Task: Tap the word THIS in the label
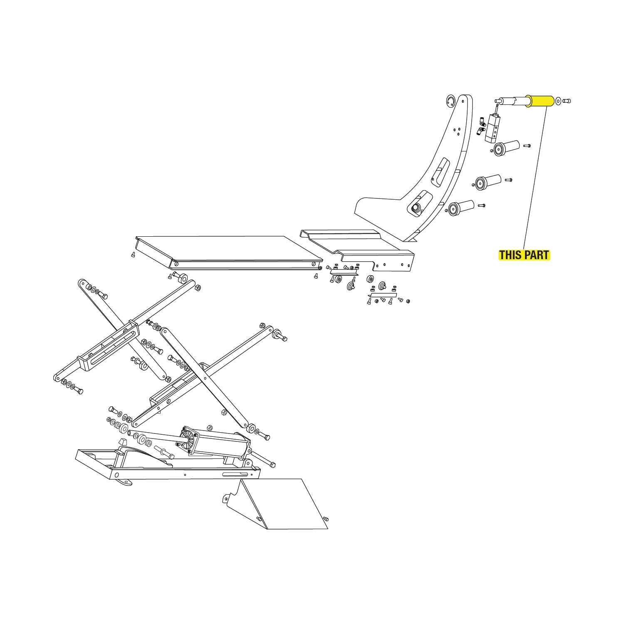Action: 511,255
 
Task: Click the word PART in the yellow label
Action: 537,255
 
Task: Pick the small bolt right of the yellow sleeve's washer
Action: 567,101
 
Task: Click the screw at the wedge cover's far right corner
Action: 326,518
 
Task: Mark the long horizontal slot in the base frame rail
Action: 235,475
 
